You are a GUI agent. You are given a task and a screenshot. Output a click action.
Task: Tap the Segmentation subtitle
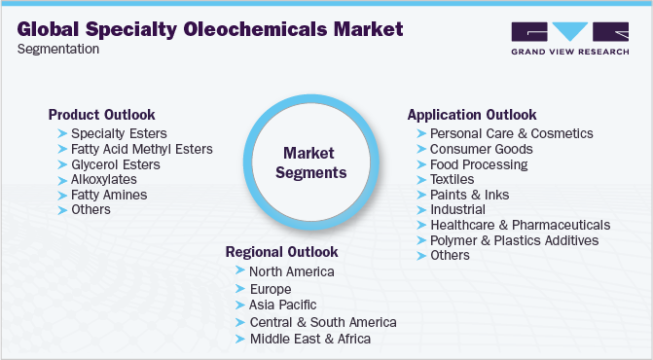click(x=57, y=50)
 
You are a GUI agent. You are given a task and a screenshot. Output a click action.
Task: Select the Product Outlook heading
click(x=101, y=114)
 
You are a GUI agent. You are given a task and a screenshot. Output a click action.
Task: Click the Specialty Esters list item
click(x=119, y=133)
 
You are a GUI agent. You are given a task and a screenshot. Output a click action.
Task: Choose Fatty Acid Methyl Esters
click(x=142, y=149)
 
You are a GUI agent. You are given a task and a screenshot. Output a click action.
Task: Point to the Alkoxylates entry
click(x=104, y=179)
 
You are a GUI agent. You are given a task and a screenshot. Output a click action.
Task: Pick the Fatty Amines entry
click(x=109, y=195)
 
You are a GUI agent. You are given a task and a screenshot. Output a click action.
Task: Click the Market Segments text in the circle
click(x=308, y=162)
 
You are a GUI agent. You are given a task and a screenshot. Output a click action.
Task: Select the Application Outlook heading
click(x=472, y=114)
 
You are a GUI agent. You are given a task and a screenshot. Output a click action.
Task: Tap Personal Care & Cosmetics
click(x=511, y=133)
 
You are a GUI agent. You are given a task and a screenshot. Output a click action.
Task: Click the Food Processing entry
click(x=479, y=164)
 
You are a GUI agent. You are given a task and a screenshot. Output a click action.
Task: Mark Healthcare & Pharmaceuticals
click(x=520, y=225)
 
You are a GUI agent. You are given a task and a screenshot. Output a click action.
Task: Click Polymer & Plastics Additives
click(x=514, y=239)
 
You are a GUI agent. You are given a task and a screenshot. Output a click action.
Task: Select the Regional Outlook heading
click(x=283, y=251)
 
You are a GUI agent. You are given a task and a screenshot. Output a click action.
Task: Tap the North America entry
click(x=292, y=271)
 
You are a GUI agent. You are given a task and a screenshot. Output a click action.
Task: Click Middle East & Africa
click(x=309, y=338)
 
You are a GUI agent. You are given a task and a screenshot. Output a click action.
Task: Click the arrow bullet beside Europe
click(x=240, y=289)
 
